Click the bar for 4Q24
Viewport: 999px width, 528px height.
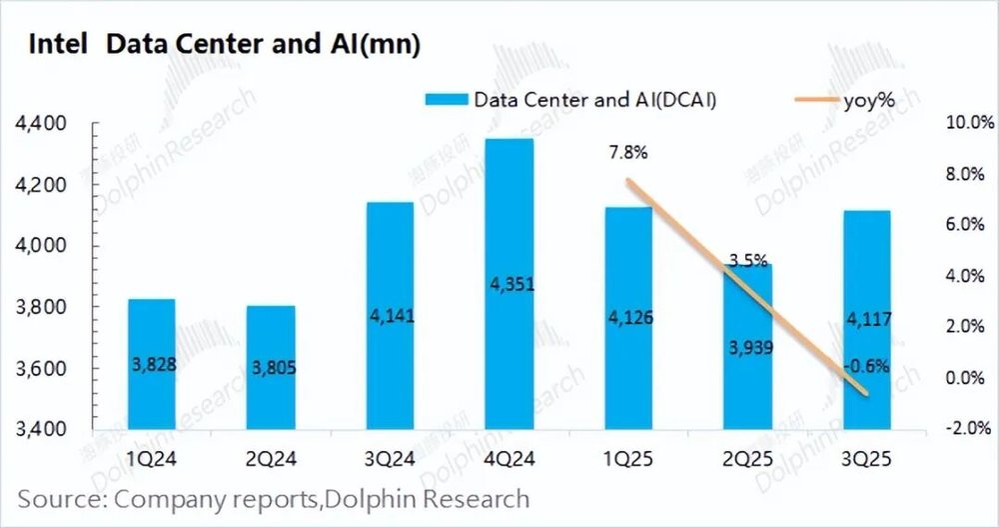[508, 285]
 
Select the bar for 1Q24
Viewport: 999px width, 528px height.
[152, 365]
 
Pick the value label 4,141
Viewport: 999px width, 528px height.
[390, 317]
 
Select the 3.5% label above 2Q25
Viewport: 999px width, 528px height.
[748, 261]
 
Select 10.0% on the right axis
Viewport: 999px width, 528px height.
[964, 123]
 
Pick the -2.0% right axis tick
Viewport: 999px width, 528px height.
[966, 429]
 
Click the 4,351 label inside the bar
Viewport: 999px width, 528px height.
[508, 285]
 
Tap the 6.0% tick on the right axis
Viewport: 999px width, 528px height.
[966, 225]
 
